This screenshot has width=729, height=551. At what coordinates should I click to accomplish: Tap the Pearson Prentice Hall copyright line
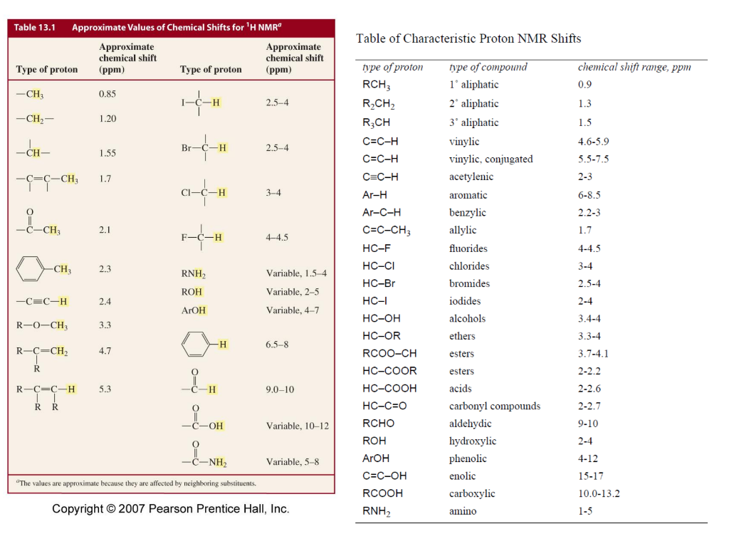tap(171, 508)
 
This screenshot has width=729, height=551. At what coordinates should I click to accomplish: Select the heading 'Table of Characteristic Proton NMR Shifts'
tap(468, 38)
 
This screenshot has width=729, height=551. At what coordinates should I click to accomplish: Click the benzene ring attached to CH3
tap(33, 270)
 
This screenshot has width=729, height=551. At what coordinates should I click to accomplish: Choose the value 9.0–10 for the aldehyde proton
tap(280, 389)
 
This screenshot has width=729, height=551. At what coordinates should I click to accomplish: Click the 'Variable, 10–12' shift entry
tap(297, 426)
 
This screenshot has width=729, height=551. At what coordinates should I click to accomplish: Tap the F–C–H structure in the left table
tap(201, 237)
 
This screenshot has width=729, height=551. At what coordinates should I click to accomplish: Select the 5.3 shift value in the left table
tap(105, 389)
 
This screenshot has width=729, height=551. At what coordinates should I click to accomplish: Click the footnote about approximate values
tap(135, 483)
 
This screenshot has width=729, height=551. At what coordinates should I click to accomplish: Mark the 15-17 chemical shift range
tap(590, 476)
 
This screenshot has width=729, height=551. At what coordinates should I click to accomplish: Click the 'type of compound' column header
tap(488, 67)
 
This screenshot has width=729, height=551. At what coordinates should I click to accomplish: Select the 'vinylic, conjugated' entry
tap(491, 159)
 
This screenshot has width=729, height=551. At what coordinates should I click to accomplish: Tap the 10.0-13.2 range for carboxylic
tap(599, 493)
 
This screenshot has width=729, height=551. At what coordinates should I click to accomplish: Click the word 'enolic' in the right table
tap(462, 476)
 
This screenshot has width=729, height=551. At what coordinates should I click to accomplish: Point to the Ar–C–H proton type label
tap(382, 212)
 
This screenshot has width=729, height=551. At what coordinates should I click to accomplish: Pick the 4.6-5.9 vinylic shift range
tap(593, 142)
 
